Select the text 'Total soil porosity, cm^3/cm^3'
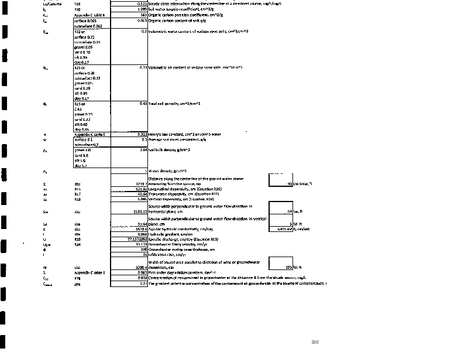[174, 104]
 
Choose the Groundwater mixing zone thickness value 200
[142, 250]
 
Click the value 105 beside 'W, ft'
[288, 267]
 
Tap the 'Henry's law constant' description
[185, 134]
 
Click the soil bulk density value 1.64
[142, 150]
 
